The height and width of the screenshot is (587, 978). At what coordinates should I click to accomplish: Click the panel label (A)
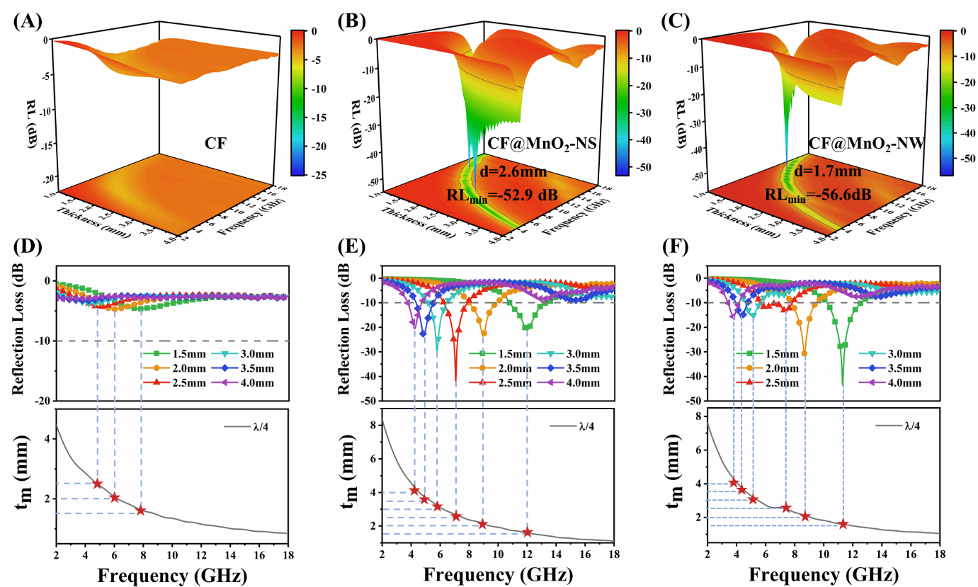pos(26,20)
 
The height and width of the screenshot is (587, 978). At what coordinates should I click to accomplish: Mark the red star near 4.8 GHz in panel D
pos(97,484)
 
